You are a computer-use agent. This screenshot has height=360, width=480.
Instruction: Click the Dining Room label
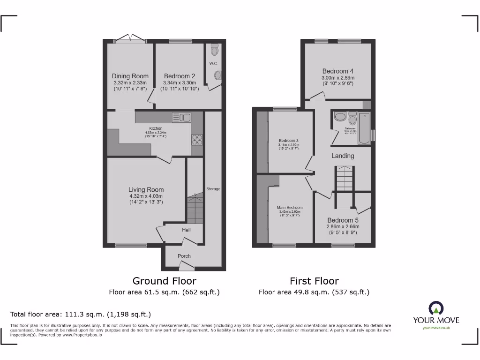coord(130,76)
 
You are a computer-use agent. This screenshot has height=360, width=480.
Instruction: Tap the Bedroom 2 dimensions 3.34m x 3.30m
coord(180,82)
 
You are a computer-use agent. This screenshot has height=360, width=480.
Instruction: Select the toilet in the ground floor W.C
coord(215,49)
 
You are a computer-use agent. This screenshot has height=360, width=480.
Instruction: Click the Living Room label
coord(146,190)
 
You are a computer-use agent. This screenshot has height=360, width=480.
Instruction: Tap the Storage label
coord(213,189)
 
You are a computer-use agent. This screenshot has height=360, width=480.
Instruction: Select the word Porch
coord(184,256)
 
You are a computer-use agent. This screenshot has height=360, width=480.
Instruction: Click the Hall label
coord(186,230)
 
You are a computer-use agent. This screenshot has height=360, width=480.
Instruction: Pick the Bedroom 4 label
coord(337,71)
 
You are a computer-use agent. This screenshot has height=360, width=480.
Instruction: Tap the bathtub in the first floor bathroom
coord(364,128)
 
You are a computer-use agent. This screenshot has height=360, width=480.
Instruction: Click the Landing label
coord(343,156)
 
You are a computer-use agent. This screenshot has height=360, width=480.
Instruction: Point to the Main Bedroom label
coord(290,208)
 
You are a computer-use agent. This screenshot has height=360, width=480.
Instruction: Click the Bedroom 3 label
coord(289,141)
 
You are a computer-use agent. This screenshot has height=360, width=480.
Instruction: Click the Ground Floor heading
coord(164,281)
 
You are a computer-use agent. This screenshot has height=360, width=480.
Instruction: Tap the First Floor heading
coord(314,281)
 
